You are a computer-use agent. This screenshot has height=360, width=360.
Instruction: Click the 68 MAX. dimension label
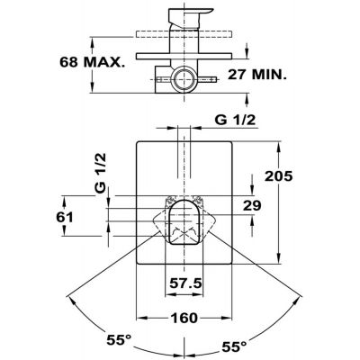click(x=92, y=62)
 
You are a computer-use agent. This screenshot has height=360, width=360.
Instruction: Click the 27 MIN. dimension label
click(x=257, y=75)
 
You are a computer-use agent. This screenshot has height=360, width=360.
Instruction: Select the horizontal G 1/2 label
click(x=235, y=120)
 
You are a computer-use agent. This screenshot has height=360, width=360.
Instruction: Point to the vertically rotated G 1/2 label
click(x=101, y=173)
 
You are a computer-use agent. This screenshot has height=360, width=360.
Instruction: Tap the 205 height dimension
click(x=278, y=176)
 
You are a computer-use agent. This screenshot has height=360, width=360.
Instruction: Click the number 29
click(x=252, y=205)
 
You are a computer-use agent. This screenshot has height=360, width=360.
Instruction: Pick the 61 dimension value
click(x=65, y=217)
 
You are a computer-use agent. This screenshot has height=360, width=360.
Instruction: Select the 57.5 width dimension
click(x=185, y=283)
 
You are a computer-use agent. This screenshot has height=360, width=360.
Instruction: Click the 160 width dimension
click(x=184, y=318)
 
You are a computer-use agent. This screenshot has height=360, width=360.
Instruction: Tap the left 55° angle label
click(x=119, y=340)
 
